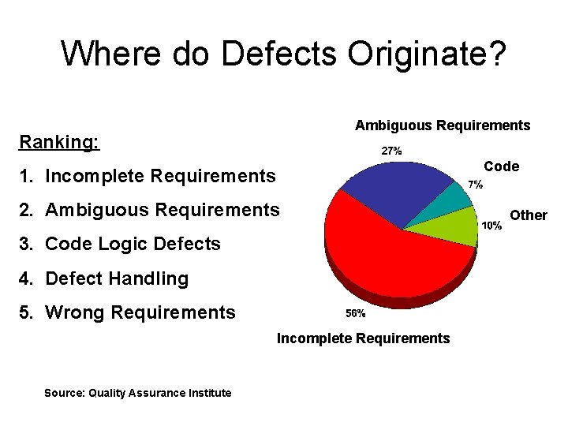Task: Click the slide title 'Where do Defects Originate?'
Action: tap(284, 54)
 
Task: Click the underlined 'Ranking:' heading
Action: tap(59, 143)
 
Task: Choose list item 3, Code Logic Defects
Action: tap(119, 245)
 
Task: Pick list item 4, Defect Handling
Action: tap(103, 278)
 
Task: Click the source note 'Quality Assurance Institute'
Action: tap(138, 393)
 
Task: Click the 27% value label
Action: tap(392, 151)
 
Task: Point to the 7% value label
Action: tap(476, 185)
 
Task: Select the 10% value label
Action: tap(491, 226)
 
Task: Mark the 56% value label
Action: tap(356, 313)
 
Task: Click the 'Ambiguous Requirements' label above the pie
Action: tap(443, 125)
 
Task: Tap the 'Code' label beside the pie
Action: tap(501, 166)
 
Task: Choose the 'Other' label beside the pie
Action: tap(529, 215)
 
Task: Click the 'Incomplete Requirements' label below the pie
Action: tap(363, 338)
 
